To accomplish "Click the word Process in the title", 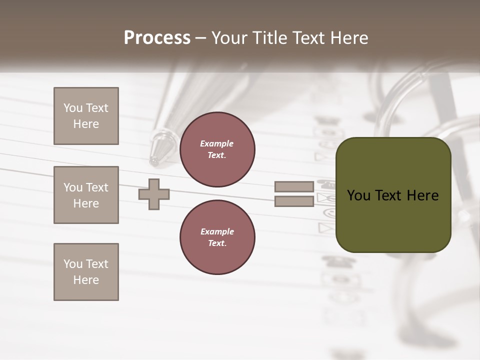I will point(157,38).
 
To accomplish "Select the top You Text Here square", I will point(86,116).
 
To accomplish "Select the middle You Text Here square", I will point(86,195).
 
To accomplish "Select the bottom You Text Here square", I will point(86,272).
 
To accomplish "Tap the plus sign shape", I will point(154,194).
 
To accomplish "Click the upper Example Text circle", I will point(217,149).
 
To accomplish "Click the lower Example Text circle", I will point(217,237).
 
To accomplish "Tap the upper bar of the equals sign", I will point(294,187).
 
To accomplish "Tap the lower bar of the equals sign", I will point(294,201).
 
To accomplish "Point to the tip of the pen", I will point(154,161).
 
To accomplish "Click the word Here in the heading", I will point(348,38).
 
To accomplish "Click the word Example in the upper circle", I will point(217,143).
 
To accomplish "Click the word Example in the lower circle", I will point(217,231).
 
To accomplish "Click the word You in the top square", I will point(73,108).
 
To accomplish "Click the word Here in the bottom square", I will point(86,280).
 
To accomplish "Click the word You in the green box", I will point(358,195).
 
